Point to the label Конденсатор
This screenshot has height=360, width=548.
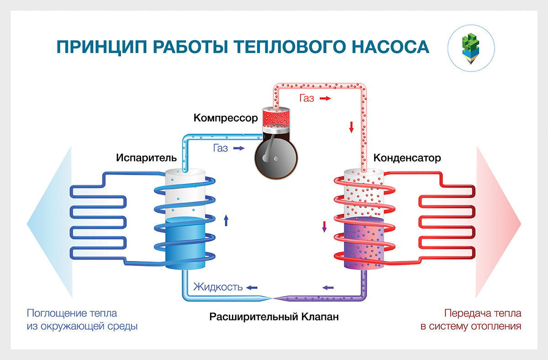(x=407, y=158)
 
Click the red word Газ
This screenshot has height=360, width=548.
(x=307, y=98)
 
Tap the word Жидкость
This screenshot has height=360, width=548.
(x=217, y=287)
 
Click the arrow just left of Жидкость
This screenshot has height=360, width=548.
(x=252, y=287)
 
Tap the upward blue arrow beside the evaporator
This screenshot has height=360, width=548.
(x=226, y=221)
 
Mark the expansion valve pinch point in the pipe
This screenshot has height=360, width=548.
(x=273, y=298)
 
